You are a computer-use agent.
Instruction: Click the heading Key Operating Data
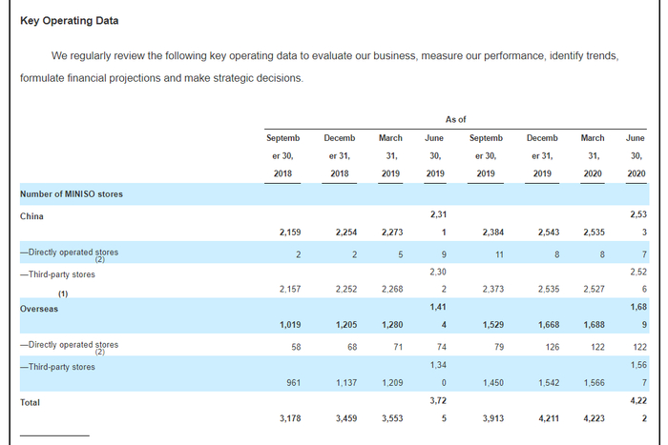pos(70,21)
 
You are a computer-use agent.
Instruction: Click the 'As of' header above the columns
pos(456,119)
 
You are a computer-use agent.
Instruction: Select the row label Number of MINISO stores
pos(72,194)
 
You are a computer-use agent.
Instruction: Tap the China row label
pos(31,216)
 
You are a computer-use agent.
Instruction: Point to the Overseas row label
pos(39,309)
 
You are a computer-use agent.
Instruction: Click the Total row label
pos(30,402)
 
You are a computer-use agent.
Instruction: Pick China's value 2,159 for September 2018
pos(290,233)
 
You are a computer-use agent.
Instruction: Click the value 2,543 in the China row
pos(549,233)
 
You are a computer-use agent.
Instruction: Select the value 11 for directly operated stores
pos(499,254)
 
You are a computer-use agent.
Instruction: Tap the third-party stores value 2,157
pos(290,290)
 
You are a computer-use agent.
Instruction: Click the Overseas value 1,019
pos(290,325)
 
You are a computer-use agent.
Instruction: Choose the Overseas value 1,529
pos(493,325)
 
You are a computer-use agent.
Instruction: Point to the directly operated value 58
pos(296,347)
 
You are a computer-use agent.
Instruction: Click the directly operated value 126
pos(553,347)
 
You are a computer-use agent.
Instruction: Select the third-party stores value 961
pos(294,383)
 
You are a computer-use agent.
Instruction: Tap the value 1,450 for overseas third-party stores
pos(493,383)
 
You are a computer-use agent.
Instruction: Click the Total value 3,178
pos(290,418)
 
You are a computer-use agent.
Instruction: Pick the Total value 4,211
pos(549,418)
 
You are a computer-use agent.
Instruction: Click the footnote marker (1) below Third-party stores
pos(63,294)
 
